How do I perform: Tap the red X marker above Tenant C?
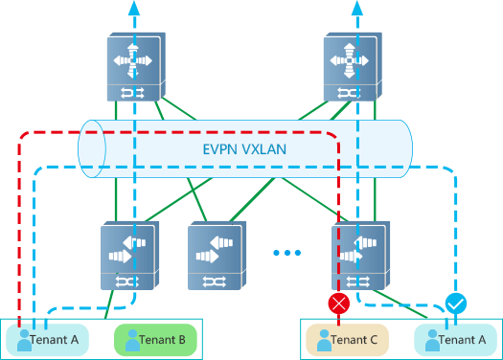(338, 304)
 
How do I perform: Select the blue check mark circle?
(457, 304)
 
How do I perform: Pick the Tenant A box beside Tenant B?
(47, 339)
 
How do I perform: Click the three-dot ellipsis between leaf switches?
(286, 253)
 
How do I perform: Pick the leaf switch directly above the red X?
(361, 256)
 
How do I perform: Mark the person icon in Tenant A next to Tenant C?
(431, 339)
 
